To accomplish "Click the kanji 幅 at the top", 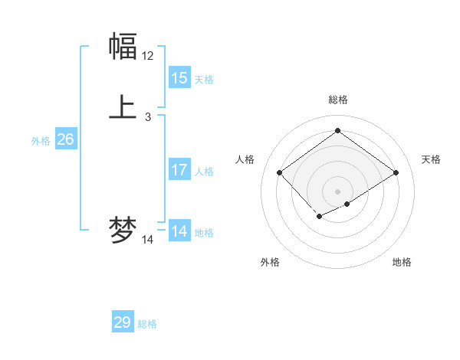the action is [x=123, y=47].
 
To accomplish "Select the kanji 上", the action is [x=123, y=106].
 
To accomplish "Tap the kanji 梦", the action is [x=123, y=231].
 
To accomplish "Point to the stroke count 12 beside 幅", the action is [x=148, y=56].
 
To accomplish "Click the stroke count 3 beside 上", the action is [x=148, y=117].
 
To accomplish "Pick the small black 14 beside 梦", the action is [x=148, y=240].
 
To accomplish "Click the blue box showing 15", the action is [x=179, y=78].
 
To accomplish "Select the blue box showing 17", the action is [x=179, y=170].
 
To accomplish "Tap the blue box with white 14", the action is [x=179, y=231].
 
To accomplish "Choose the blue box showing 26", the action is [x=66, y=139].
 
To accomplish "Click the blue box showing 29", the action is [x=123, y=322].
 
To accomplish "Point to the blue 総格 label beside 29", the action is [x=147, y=324].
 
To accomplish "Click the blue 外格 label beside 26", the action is [x=41, y=141].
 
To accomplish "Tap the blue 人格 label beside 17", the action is [x=205, y=172].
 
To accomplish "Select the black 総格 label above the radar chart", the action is [x=337, y=100].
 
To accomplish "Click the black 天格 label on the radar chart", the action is [x=431, y=159].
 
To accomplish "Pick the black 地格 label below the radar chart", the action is [x=402, y=262].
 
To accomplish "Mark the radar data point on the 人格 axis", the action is [x=280, y=173].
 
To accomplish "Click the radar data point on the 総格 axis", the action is [x=337, y=131].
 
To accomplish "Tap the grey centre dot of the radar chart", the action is [x=337, y=191].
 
